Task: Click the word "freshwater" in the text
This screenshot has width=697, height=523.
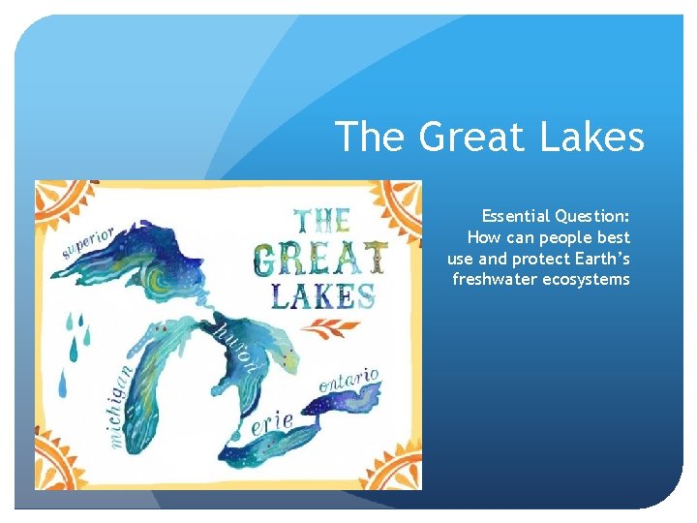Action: (x=494, y=280)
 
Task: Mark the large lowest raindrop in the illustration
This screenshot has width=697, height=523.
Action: (x=64, y=385)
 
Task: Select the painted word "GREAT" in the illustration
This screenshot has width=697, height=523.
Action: (x=320, y=258)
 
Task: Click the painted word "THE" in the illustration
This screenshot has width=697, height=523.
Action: (x=322, y=219)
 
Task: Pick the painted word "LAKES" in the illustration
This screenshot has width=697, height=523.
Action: (x=322, y=294)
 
